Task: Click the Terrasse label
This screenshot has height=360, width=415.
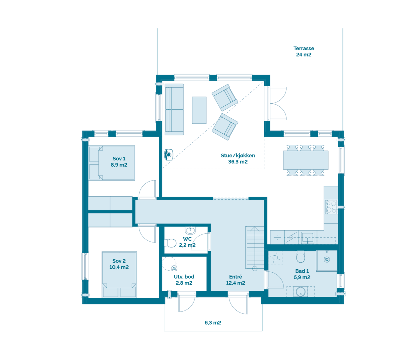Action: (x=304, y=49)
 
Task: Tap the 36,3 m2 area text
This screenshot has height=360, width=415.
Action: (x=238, y=162)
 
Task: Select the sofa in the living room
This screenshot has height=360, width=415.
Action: (x=174, y=109)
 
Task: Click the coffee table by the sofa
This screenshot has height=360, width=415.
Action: (x=199, y=110)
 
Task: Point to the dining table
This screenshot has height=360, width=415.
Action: (x=306, y=160)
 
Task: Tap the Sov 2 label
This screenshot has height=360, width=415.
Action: (x=119, y=261)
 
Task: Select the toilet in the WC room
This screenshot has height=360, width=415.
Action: (x=171, y=243)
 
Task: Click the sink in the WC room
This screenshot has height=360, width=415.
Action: (x=190, y=230)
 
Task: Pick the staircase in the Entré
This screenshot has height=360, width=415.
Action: (x=255, y=248)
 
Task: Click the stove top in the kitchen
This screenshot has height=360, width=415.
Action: (x=331, y=207)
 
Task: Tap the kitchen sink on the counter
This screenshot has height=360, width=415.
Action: (x=307, y=237)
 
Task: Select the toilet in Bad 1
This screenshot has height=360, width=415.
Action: (x=301, y=257)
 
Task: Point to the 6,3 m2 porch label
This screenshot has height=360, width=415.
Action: (x=213, y=323)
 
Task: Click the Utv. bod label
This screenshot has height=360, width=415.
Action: (x=184, y=277)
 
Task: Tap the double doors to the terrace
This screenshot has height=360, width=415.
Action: (x=278, y=103)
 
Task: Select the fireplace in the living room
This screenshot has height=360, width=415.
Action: (x=169, y=155)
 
